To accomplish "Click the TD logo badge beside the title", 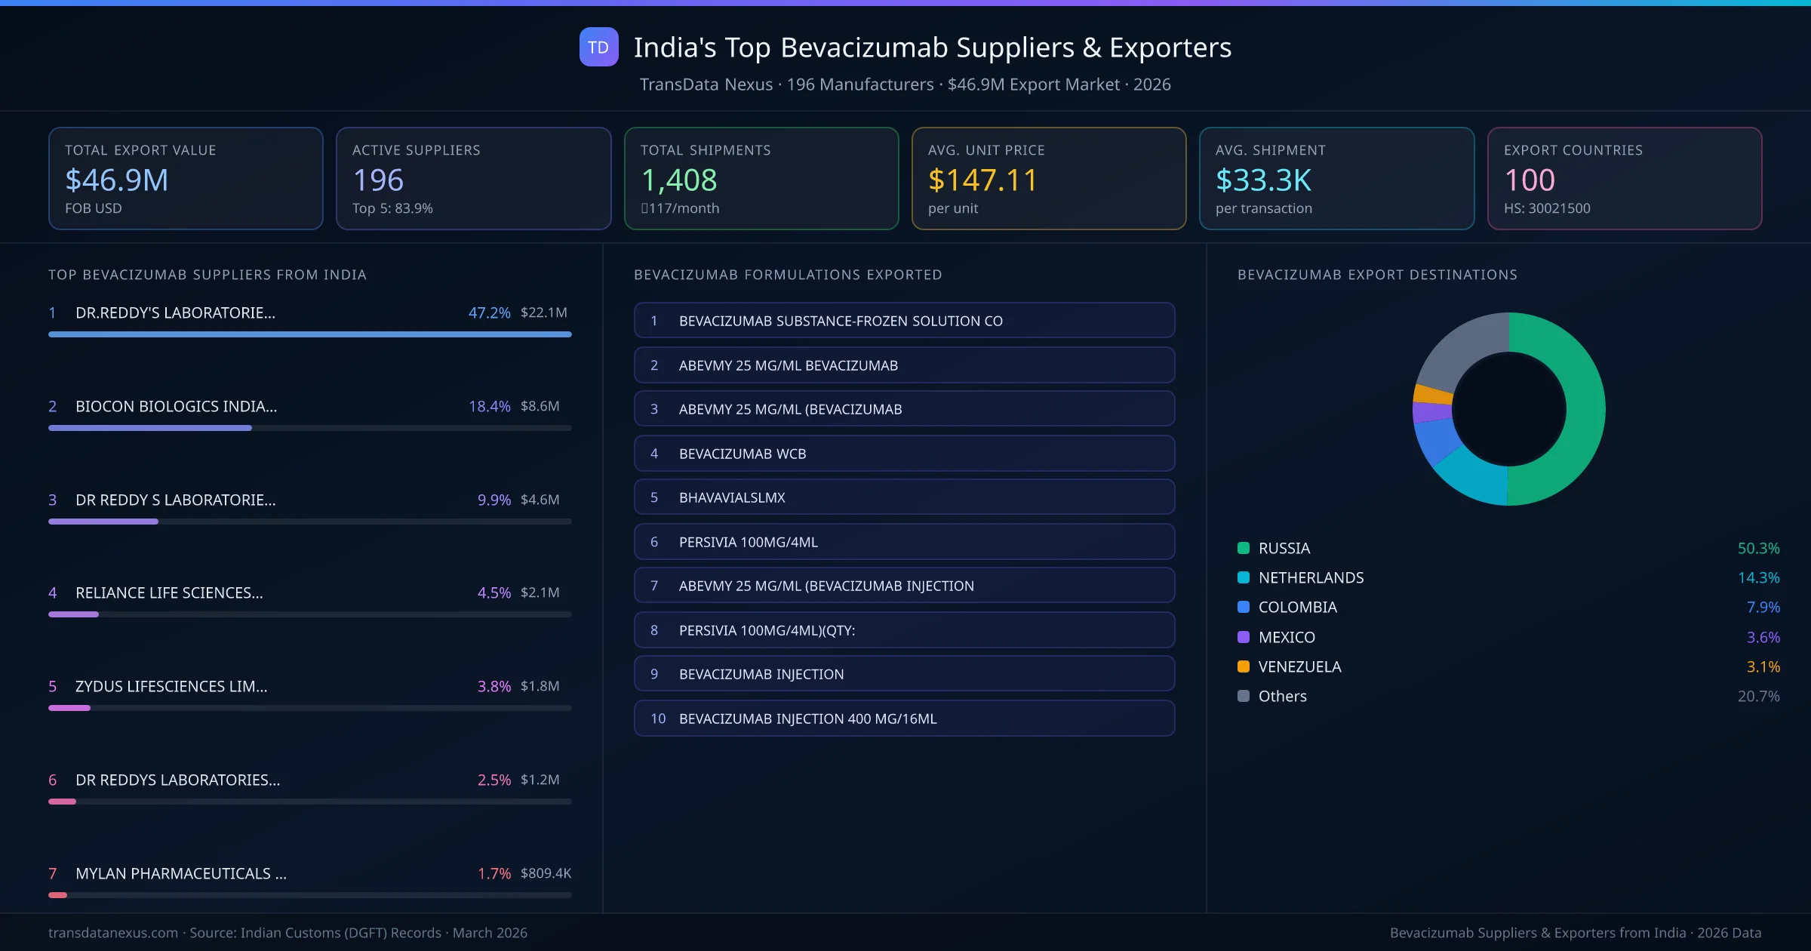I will tap(598, 48).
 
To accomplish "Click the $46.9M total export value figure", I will tap(116, 180).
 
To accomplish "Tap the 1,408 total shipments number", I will tap(678, 180).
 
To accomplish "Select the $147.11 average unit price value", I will tap(982, 180).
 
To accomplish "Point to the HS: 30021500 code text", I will tap(1546, 208).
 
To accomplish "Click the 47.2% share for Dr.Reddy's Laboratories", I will tap(489, 312).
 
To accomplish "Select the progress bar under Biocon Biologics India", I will tap(309, 428).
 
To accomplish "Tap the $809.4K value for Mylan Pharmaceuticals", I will tap(546, 873).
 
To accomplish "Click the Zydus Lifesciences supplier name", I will tap(171, 686).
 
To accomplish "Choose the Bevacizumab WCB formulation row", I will tap(904, 454).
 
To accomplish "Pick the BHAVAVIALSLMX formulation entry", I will tap(904, 497).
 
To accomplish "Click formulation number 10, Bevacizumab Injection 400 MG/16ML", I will tap(904, 719).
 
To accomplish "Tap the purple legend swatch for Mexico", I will tap(1244, 637).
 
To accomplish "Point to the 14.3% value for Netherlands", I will tap(1758, 577).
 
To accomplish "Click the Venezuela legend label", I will tap(1299, 666).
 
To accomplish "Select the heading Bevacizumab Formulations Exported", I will tap(788, 275).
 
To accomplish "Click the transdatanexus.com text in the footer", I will tap(113, 933).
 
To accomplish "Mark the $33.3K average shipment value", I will tap(1263, 180).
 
